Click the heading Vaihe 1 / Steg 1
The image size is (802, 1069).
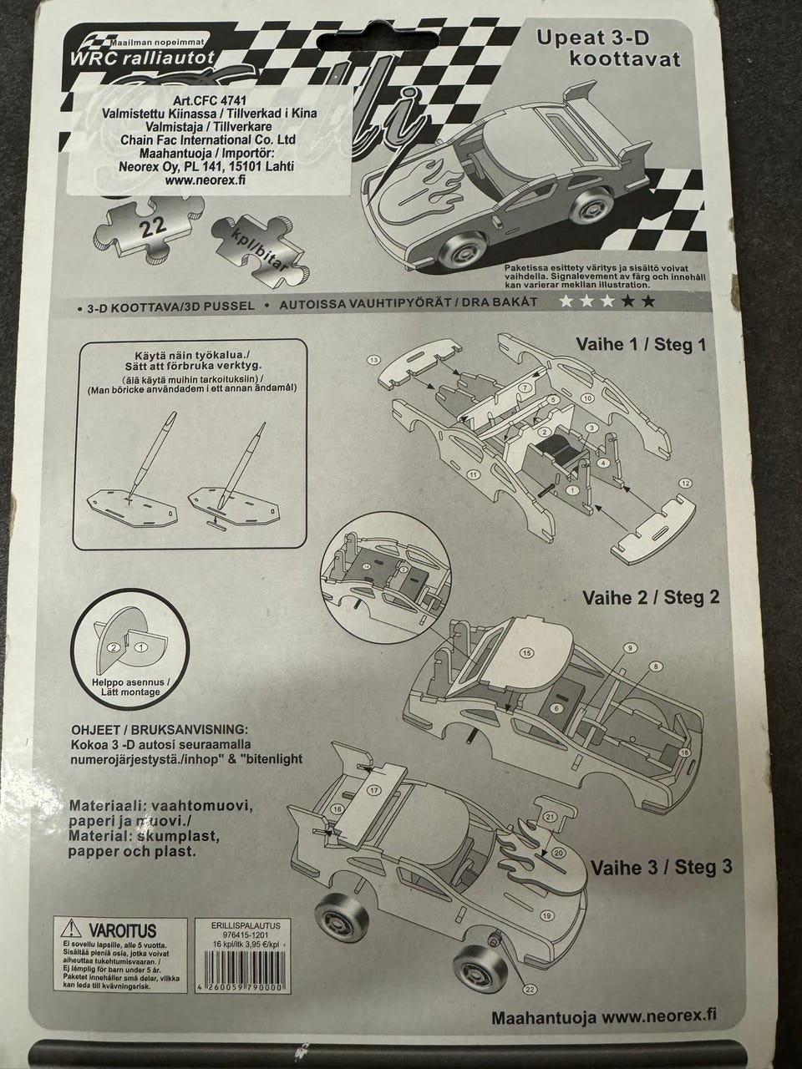click(x=641, y=344)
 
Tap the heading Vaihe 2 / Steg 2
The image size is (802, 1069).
click(x=651, y=597)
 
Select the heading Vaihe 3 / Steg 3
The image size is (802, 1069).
click(x=662, y=867)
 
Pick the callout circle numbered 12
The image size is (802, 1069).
click(x=685, y=483)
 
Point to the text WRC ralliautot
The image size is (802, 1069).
click(x=142, y=58)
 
